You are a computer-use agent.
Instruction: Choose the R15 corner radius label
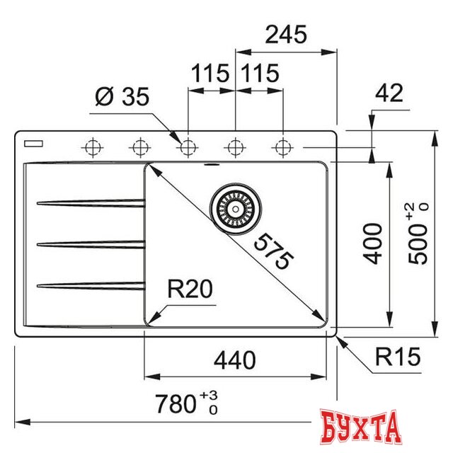[398, 356]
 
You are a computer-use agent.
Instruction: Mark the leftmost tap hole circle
[92, 147]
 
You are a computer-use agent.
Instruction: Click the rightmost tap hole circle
[283, 147]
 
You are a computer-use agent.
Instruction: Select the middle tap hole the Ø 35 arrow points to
[188, 147]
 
